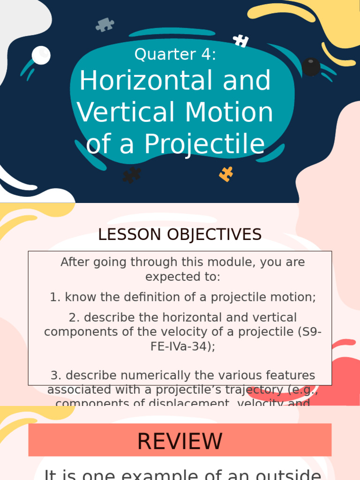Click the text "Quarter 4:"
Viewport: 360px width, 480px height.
click(175, 55)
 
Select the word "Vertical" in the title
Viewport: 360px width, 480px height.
click(127, 112)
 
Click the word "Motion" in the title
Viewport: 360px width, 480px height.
click(229, 112)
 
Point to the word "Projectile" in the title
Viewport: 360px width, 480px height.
click(204, 144)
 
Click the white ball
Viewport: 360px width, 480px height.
click(41, 55)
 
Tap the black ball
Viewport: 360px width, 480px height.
click(311, 67)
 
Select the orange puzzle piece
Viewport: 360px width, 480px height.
click(226, 174)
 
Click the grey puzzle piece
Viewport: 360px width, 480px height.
click(105, 24)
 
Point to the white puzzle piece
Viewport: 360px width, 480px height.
click(241, 41)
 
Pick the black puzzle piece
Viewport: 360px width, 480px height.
click(131, 175)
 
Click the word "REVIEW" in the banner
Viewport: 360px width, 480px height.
click(180, 442)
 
